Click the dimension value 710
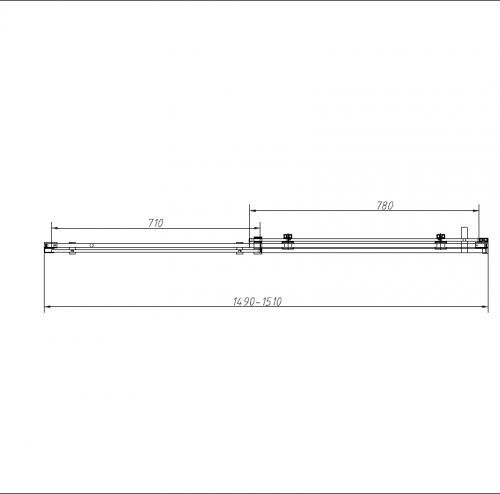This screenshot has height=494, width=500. click(x=155, y=223)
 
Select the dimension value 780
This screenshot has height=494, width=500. click(x=385, y=206)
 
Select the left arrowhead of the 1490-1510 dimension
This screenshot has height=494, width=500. click(x=47, y=308)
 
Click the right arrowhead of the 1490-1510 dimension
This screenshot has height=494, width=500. click(x=486, y=308)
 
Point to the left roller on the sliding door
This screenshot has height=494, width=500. click(x=288, y=240)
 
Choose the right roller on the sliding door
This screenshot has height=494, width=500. click(x=441, y=240)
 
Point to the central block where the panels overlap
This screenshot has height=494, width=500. click(x=255, y=243)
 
